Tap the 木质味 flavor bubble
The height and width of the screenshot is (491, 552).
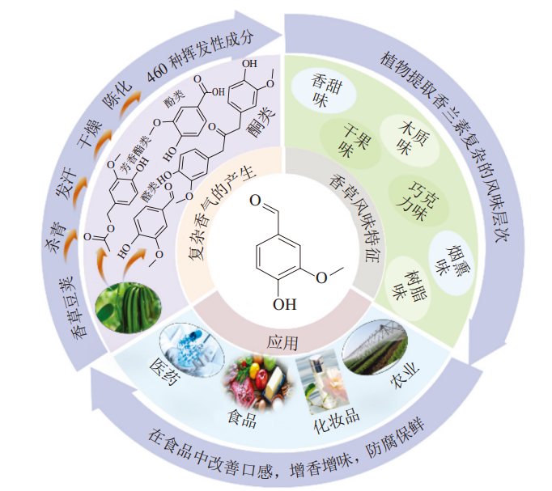tap(410, 140)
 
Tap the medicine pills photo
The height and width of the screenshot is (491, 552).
tap(192, 349)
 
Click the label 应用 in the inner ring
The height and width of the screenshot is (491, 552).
tap(282, 342)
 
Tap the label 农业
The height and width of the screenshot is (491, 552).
tap(405, 375)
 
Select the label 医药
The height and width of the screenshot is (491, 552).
tap(165, 372)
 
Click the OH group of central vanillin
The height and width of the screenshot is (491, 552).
tap(284, 304)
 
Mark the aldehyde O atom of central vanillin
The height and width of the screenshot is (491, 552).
tap(255, 201)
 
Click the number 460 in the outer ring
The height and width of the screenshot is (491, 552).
tap(158, 72)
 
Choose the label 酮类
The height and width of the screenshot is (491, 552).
tap(261, 122)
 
